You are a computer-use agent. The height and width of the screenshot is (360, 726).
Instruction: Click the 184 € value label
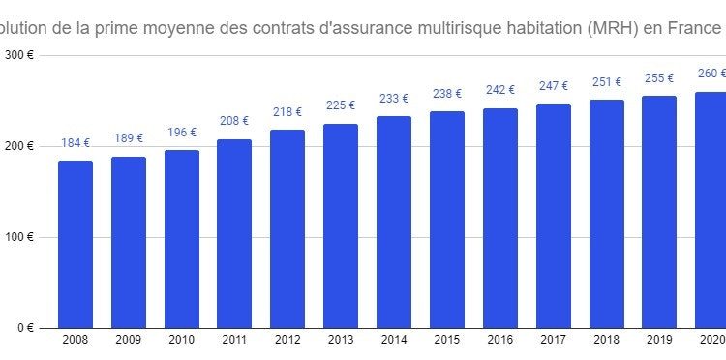[76, 143]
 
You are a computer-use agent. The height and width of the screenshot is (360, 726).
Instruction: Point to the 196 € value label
[182, 133]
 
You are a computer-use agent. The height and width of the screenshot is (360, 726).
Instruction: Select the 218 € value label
[287, 112]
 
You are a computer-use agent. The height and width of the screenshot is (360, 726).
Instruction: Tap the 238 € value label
[447, 95]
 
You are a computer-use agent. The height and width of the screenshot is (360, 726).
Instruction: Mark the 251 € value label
[607, 82]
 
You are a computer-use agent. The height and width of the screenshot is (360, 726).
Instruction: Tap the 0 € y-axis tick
[25, 328]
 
